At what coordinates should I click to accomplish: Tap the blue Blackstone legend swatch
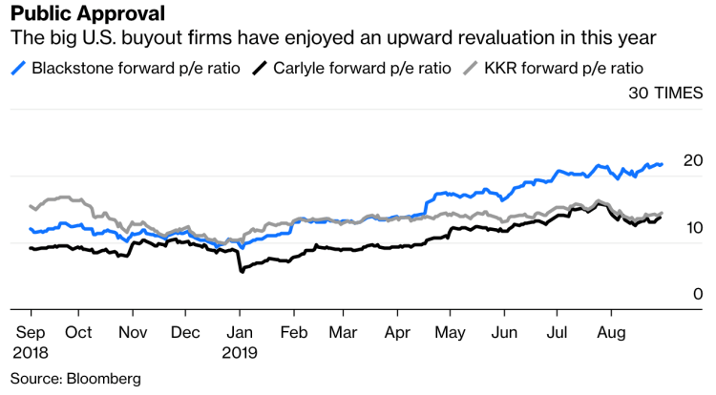[18, 69]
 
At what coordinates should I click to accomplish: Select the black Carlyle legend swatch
[260, 69]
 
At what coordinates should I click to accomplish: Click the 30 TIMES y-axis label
[665, 94]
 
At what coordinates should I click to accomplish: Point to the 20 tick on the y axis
[693, 160]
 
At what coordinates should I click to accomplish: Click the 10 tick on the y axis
[693, 227]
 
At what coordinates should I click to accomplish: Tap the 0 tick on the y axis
[698, 294]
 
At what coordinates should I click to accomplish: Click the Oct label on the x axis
[79, 333]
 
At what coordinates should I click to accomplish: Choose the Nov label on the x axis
[133, 333]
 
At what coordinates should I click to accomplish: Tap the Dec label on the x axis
[186, 333]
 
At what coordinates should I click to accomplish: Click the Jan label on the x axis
[241, 333]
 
